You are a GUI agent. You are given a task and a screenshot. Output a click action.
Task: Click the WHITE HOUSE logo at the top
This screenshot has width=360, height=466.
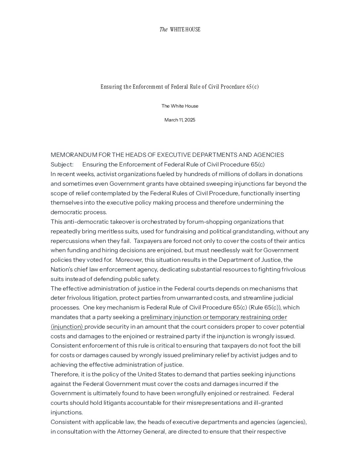coord(180,29)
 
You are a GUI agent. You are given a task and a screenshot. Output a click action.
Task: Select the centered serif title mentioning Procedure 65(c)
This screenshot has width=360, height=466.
coord(180,87)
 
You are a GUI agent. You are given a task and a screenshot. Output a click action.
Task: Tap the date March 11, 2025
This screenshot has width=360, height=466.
coord(180,120)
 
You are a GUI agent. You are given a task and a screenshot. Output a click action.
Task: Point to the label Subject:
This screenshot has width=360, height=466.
coord(62,164)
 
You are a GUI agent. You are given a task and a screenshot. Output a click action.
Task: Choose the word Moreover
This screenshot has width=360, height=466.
coord(129,260)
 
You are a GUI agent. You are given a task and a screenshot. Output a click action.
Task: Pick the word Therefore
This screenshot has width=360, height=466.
coord(65,374)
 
